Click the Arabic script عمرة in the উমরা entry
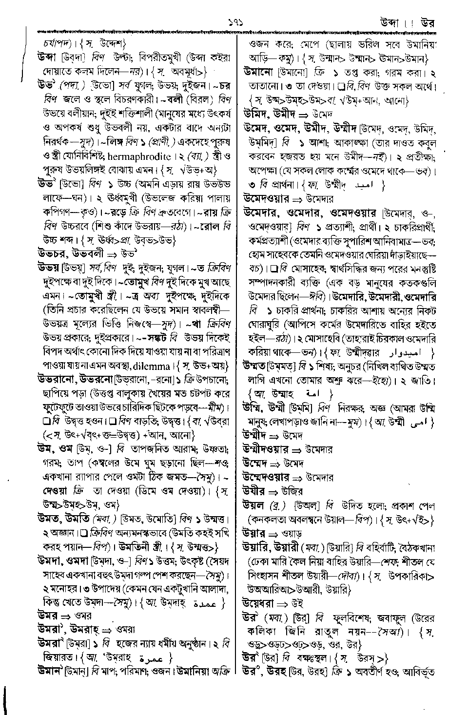tap(155, 658)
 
